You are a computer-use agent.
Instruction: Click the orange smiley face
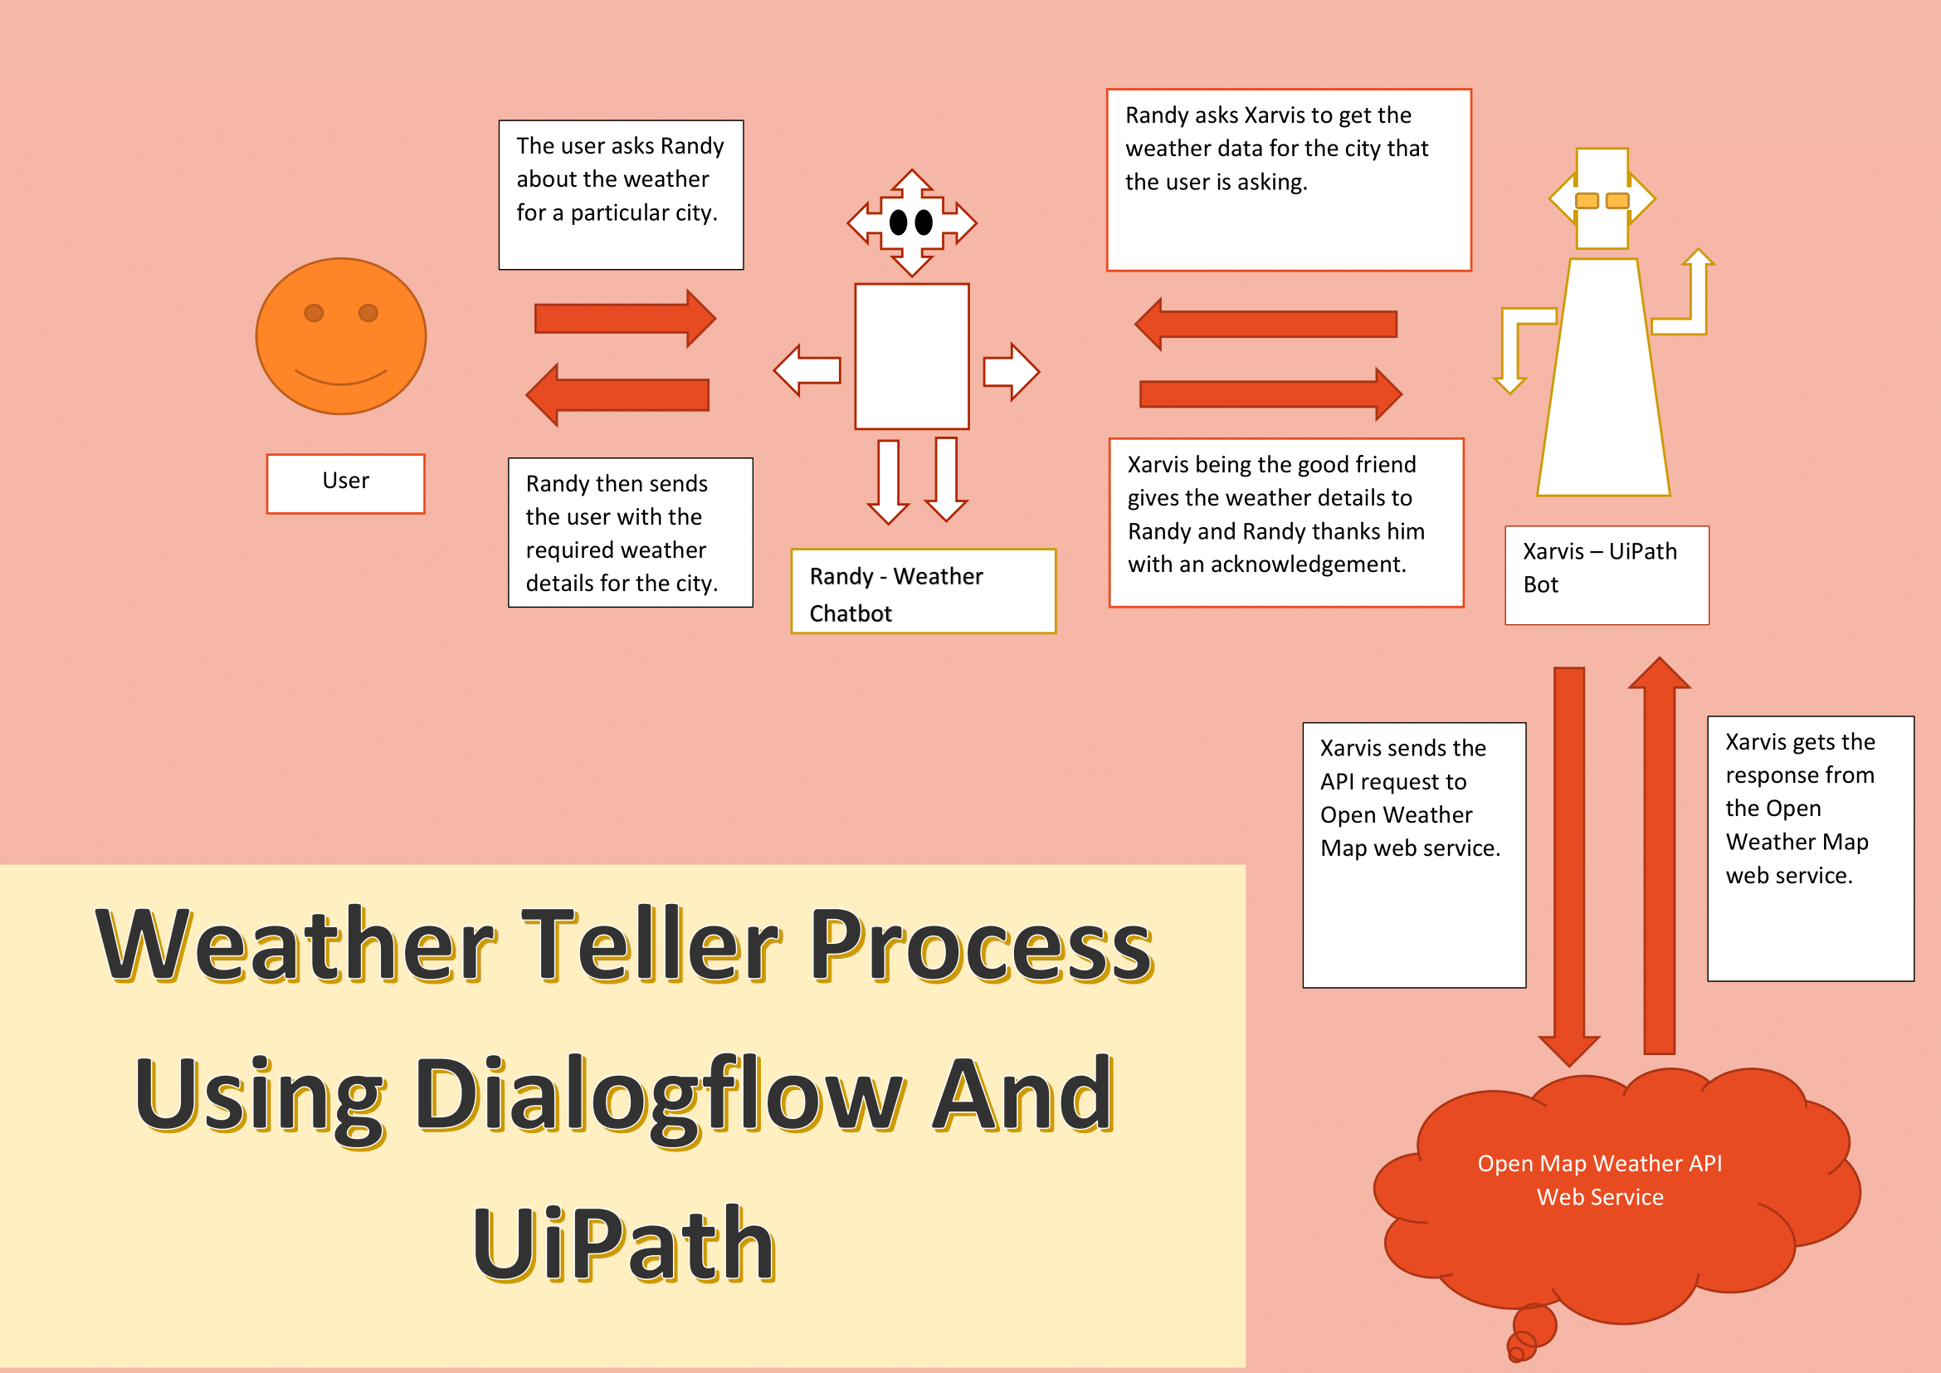tap(341, 335)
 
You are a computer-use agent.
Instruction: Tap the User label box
tap(345, 483)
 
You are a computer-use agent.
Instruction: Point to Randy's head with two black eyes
tap(911, 223)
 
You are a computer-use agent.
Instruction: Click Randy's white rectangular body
tap(911, 356)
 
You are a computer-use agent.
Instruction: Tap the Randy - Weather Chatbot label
tap(922, 591)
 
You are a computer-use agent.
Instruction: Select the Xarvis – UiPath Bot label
tap(1607, 575)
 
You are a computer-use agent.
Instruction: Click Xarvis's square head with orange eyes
tap(1602, 199)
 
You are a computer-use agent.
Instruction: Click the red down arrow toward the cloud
tap(1569, 862)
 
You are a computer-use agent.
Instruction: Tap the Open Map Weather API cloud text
tap(1599, 1180)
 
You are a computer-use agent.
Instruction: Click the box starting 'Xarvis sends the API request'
tap(1413, 854)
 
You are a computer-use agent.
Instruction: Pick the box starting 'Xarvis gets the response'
tap(1810, 848)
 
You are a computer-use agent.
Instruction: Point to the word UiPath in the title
tap(624, 1244)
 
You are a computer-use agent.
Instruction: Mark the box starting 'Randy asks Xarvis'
tap(1289, 180)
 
